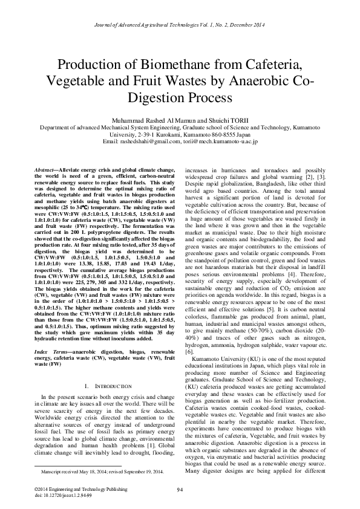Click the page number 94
180,489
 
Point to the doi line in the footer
62,494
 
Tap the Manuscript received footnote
102,470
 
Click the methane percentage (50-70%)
263,315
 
